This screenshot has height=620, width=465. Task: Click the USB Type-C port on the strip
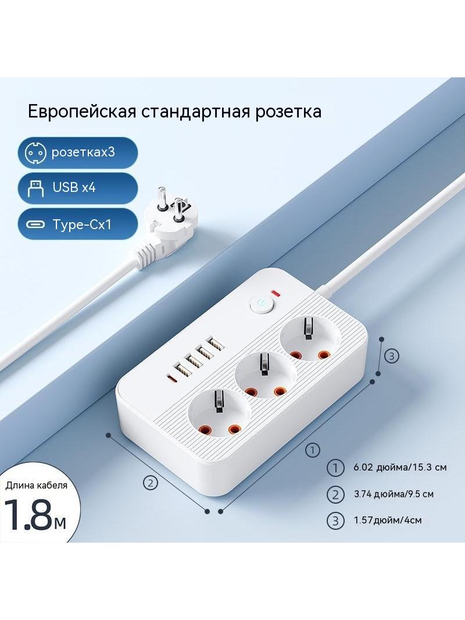coord(172,379)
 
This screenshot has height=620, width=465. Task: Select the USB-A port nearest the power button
coord(215,343)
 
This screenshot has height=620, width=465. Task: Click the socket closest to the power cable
coord(310,340)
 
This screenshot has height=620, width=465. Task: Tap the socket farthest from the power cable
coord(220,415)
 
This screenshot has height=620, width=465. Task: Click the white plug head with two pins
coord(167,224)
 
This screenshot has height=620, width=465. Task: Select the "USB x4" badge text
coord(74,187)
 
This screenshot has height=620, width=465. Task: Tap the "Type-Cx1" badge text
coord(82,225)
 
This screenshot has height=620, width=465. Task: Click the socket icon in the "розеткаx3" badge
coord(35,152)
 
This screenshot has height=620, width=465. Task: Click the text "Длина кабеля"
coord(37,484)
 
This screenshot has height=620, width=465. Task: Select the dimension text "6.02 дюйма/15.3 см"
coord(400,468)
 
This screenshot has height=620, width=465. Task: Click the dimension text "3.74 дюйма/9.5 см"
coord(394,494)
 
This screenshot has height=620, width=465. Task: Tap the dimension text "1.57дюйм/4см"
coord(388,519)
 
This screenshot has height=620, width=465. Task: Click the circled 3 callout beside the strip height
coord(392,357)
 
